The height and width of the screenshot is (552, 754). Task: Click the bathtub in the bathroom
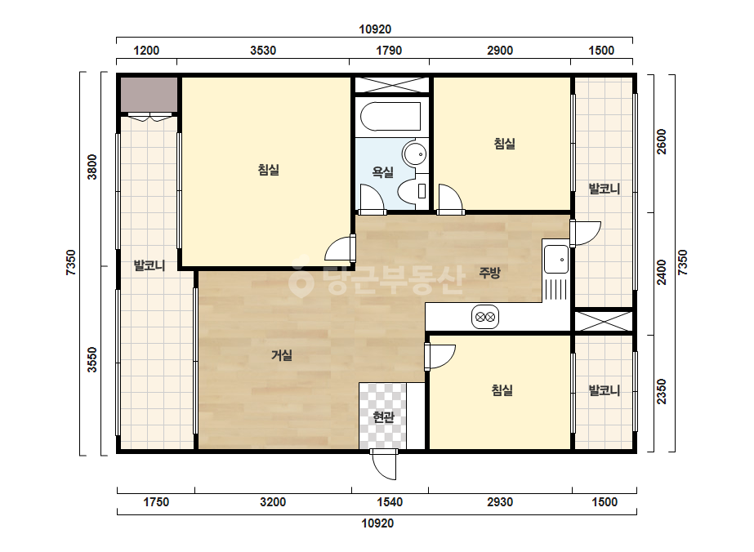[x=390, y=117]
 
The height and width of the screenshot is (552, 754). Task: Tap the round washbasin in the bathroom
[x=415, y=154]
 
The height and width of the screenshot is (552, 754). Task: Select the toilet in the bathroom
[x=413, y=191]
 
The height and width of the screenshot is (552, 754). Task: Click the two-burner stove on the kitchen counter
[x=485, y=317]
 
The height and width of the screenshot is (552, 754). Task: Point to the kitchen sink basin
[x=556, y=260]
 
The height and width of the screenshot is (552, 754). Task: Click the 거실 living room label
[x=282, y=355]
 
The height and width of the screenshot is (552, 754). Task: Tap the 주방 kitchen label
[x=489, y=273]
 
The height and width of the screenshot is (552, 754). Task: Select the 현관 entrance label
[x=383, y=417]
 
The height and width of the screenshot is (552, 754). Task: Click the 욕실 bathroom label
[x=383, y=171]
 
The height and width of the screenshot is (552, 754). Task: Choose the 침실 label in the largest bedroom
[x=268, y=170]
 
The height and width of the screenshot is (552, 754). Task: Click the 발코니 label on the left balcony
[x=149, y=265]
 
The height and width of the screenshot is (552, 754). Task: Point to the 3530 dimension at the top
[x=263, y=51]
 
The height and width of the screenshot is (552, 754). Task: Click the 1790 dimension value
[x=389, y=51]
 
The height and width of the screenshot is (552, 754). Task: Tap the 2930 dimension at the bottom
[x=500, y=502]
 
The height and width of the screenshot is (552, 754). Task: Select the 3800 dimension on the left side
[x=91, y=167]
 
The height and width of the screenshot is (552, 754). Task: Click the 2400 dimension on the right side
[x=662, y=272]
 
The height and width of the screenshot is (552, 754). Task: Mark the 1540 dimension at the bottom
[x=390, y=502]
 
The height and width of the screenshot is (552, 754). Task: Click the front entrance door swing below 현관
[x=384, y=465]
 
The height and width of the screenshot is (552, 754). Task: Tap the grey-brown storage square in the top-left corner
[x=149, y=94]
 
